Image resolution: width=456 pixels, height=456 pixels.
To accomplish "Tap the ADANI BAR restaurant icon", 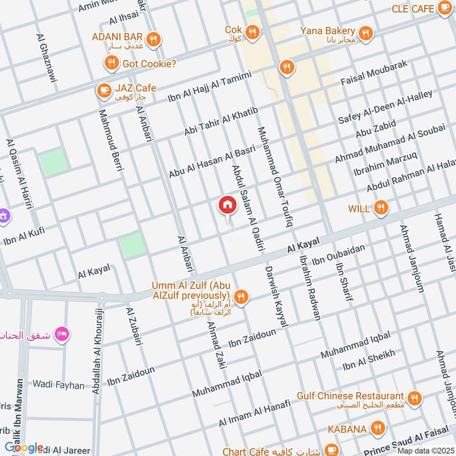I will pyautogui.click(x=153, y=39).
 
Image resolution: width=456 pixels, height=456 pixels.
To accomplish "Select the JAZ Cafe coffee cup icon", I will pyautogui.click(x=103, y=89).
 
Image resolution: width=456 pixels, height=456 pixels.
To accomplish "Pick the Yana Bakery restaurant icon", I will pyautogui.click(x=367, y=32).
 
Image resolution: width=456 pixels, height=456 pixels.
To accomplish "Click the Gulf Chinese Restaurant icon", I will pyautogui.click(x=414, y=397).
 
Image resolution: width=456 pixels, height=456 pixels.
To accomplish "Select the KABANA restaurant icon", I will pyautogui.click(x=377, y=426).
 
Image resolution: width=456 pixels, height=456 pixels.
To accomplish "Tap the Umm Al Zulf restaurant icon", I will pyautogui.click(x=242, y=296).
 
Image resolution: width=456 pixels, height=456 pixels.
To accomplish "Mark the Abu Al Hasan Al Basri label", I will pyautogui.click(x=211, y=163).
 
